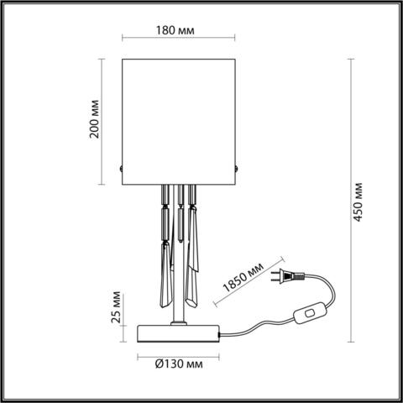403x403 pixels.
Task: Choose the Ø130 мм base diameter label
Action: click(x=177, y=364)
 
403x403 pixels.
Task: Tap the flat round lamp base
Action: click(x=177, y=332)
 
